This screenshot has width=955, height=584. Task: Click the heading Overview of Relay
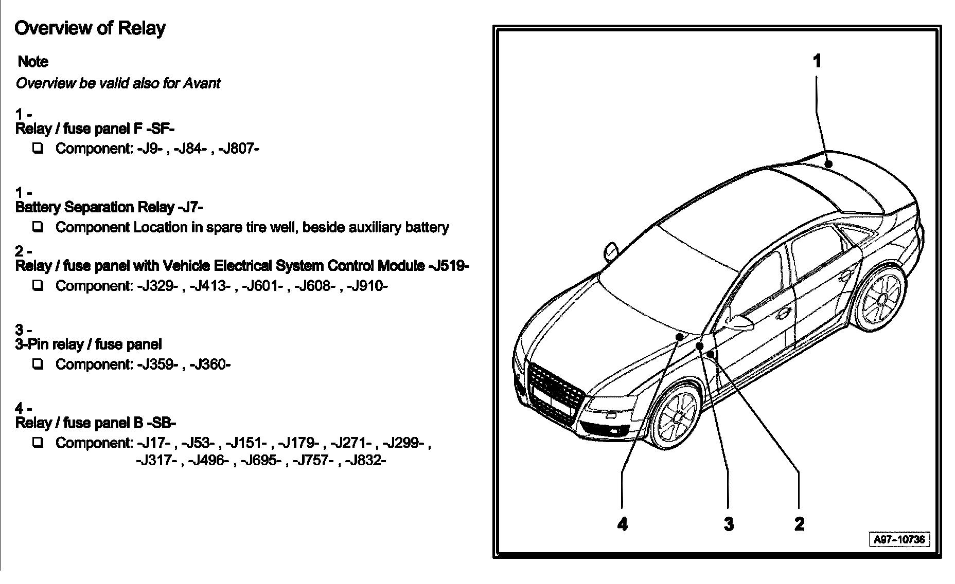[x=90, y=28]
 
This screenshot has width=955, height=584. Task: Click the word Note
[x=33, y=62]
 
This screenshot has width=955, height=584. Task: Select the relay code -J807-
[x=239, y=149]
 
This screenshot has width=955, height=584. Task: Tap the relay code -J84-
[x=192, y=149]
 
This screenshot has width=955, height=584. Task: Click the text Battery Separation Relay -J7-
[x=109, y=207]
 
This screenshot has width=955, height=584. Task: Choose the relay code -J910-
[x=367, y=286]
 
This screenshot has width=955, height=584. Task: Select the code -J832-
[x=365, y=460]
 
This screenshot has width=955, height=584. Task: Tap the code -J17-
[x=157, y=443]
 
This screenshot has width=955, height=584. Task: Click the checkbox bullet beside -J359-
[x=38, y=364]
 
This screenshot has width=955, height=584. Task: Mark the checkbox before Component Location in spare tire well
[x=38, y=227]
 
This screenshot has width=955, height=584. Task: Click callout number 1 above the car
[x=817, y=61]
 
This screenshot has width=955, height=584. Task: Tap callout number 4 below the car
[x=623, y=524]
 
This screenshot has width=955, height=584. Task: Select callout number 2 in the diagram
[x=799, y=524]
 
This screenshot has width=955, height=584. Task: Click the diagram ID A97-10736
[x=899, y=539]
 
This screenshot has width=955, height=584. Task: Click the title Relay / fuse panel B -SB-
[x=96, y=423]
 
